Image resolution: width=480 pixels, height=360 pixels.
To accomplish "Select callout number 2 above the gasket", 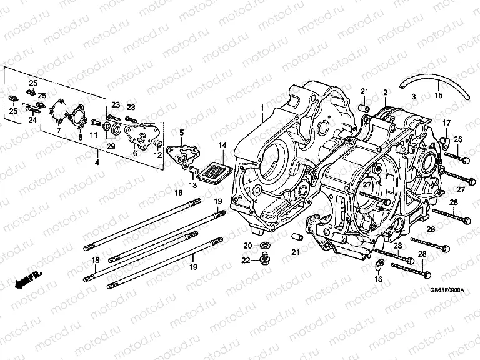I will (386, 92).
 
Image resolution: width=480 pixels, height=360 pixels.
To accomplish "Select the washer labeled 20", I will (266, 244).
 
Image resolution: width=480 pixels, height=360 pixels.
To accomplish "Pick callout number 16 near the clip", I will (378, 280).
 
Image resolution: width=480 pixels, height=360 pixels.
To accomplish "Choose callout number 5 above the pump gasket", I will (182, 132).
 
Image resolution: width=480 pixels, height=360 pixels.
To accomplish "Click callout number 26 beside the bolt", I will (458, 139).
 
